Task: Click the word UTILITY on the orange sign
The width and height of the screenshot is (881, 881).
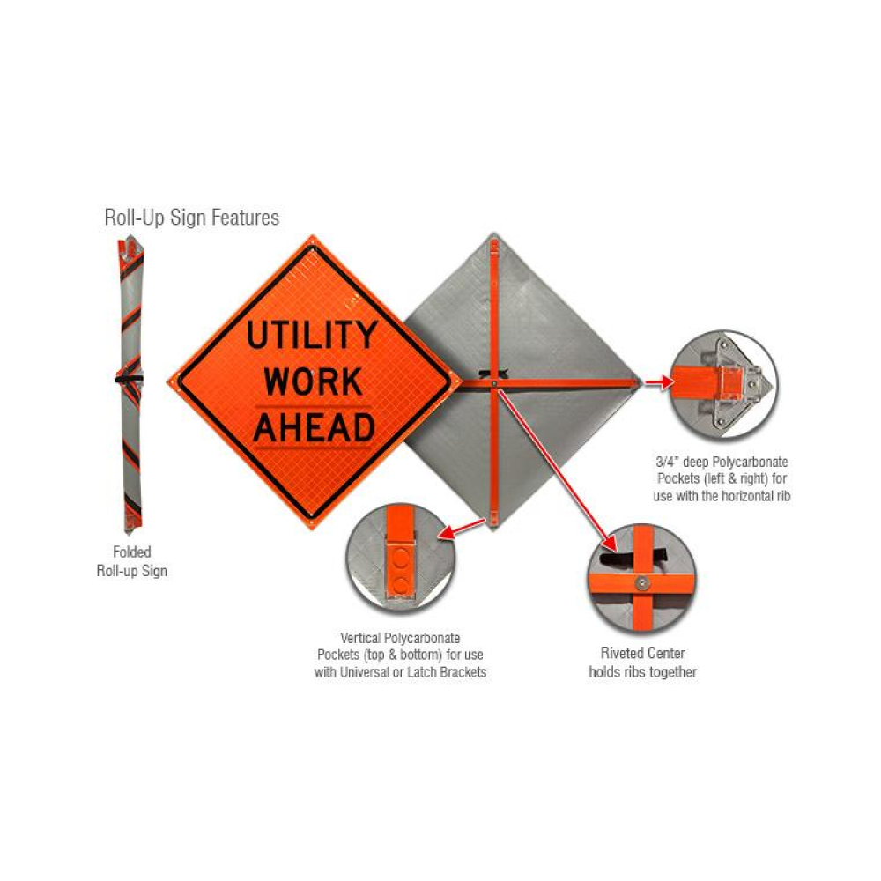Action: (311, 336)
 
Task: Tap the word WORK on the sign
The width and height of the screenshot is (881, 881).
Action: (314, 381)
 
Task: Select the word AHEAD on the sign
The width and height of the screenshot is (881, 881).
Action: (314, 427)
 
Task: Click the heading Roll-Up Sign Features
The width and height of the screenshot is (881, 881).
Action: (191, 217)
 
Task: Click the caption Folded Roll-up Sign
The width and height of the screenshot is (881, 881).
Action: (131, 561)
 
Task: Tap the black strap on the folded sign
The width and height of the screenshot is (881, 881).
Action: (130, 378)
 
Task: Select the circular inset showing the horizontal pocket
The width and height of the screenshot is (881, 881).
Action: (723, 385)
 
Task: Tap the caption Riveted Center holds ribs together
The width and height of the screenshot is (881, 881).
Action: (642, 663)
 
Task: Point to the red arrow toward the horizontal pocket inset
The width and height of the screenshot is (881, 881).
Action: (655, 383)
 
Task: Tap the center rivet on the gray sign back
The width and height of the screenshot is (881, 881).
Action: (495, 383)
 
